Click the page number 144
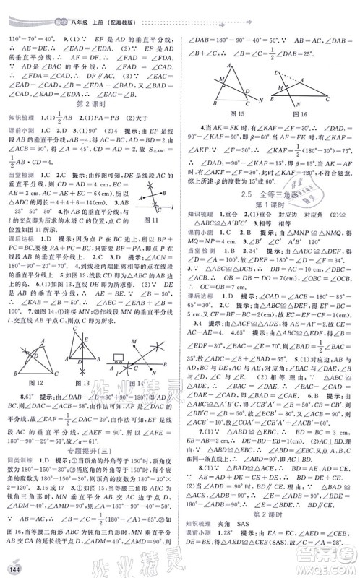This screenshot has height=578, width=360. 12,564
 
